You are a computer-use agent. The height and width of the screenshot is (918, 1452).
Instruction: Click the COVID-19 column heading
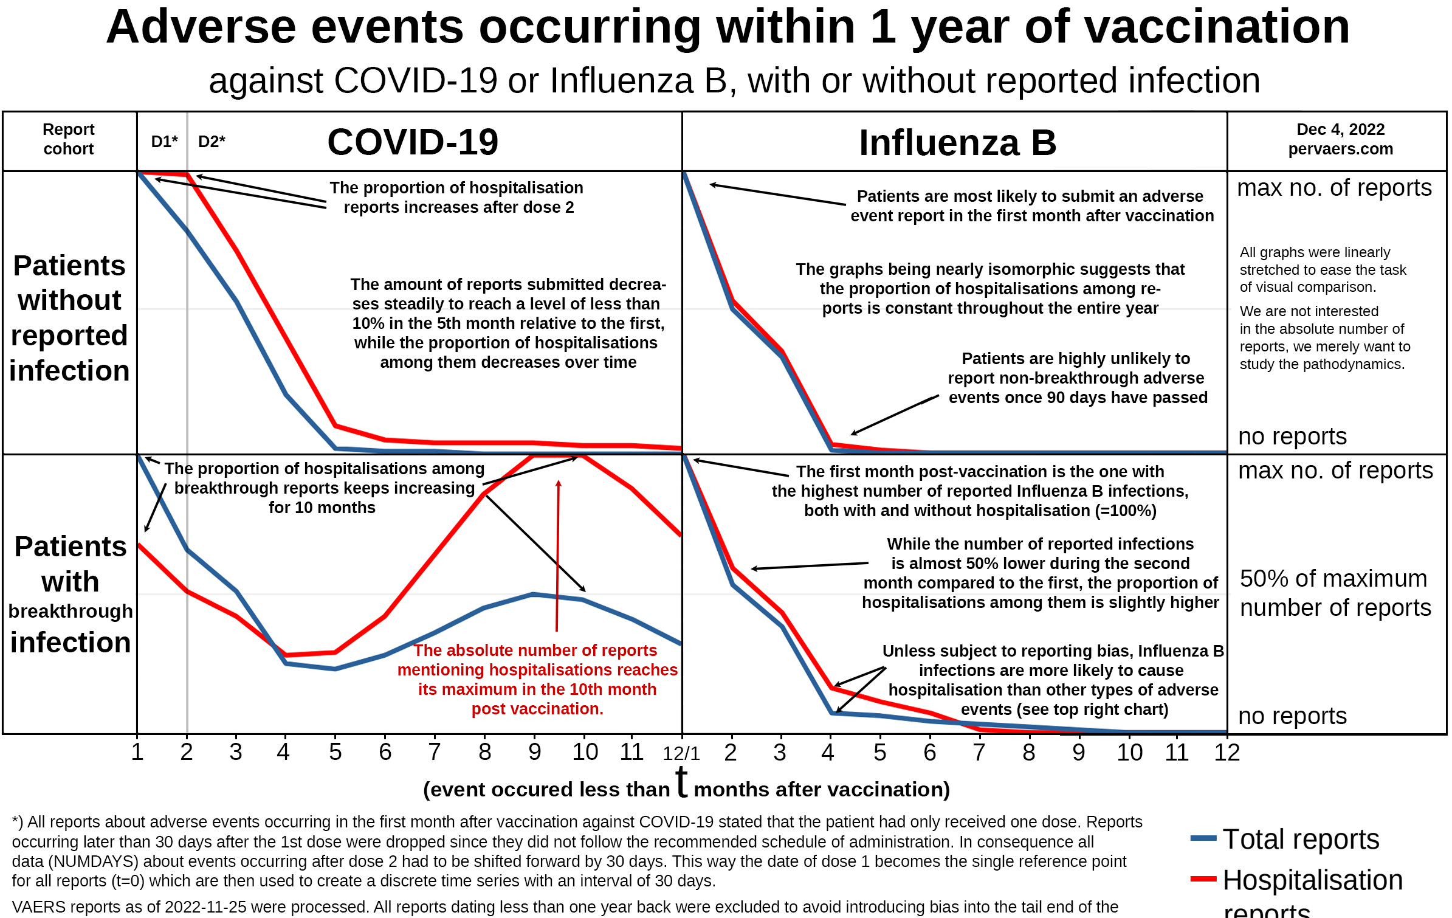coord(413,142)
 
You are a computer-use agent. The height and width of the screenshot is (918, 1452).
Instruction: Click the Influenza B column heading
coord(957,143)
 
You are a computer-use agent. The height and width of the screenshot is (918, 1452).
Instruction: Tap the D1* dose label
coord(164,142)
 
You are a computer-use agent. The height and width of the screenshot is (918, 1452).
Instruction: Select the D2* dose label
coord(212,142)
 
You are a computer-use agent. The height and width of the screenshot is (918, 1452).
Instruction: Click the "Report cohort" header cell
coord(69,139)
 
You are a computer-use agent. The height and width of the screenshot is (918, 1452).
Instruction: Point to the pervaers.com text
coord(1340,149)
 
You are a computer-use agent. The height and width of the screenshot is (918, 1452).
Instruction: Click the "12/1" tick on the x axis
coord(681,754)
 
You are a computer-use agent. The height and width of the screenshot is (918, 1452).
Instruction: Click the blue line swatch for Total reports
coord(1203,838)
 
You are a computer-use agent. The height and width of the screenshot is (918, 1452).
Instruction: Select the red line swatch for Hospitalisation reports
coord(1203,878)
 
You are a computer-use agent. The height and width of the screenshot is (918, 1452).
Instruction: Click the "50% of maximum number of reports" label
coord(1334,593)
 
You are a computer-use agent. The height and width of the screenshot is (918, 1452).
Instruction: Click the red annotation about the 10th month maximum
coord(537,680)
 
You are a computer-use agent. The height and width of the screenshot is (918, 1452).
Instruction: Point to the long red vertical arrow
coord(557,556)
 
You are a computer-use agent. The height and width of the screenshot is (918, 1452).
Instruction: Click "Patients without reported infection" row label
coord(69,318)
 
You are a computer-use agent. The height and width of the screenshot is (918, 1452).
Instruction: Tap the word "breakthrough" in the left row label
coord(71,611)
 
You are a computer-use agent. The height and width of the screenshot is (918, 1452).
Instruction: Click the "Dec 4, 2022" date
coord(1340,129)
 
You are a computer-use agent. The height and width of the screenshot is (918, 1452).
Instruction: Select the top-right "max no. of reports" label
coord(1334,188)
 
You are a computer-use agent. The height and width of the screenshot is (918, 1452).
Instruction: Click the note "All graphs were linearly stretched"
coord(1323,269)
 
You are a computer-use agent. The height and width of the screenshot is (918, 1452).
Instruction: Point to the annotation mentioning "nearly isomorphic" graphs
coord(990,289)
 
